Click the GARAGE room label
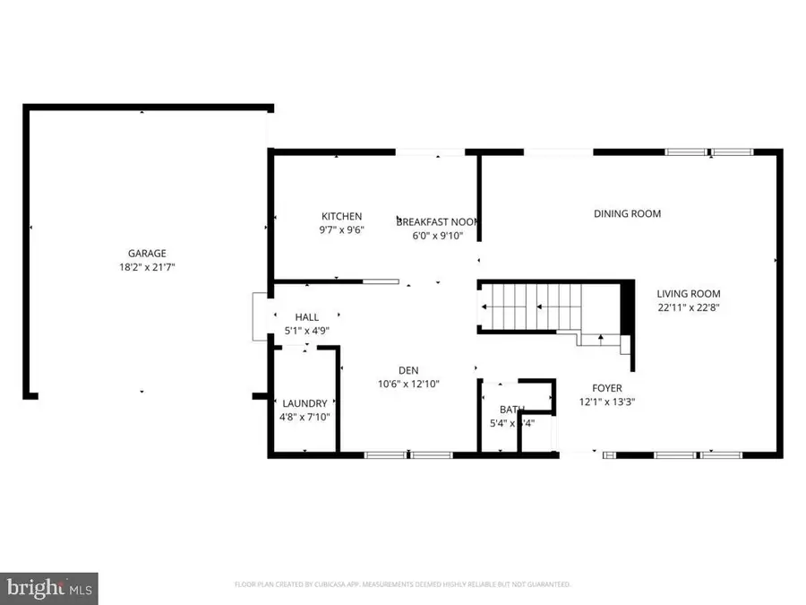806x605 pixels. (146, 254)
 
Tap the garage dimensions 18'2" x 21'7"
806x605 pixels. (146, 267)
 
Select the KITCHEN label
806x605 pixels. (342, 216)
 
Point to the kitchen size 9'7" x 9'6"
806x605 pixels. (342, 229)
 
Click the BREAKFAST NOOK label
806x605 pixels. (436, 221)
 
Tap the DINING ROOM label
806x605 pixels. (627, 213)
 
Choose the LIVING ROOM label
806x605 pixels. (688, 293)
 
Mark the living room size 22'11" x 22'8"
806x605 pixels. (688, 307)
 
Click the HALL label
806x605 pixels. (307, 317)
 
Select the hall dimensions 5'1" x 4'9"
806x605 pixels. (307, 331)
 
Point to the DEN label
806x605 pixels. (408, 370)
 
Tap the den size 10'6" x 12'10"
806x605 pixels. (408, 384)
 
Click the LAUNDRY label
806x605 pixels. (304, 403)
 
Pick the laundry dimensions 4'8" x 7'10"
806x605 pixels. (304, 417)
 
